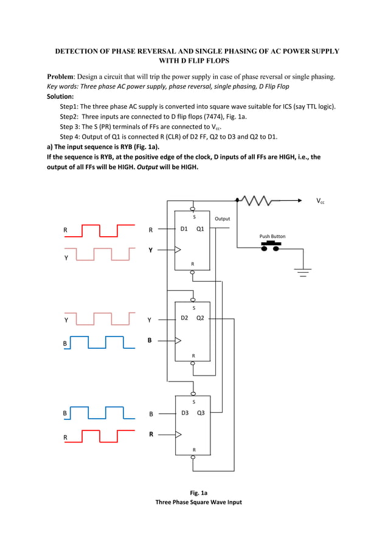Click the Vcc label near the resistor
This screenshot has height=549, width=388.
320,201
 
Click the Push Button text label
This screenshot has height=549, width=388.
272,236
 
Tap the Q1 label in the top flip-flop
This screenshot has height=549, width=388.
199,229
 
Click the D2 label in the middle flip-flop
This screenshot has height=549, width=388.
184,318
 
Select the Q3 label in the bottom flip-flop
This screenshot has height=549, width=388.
199,413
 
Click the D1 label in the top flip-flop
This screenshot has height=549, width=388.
184,229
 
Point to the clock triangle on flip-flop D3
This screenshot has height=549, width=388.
178,435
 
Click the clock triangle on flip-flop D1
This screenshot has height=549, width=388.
178,249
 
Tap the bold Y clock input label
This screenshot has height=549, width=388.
151,250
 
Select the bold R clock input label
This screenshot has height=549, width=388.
151,435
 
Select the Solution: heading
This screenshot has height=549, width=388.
60,96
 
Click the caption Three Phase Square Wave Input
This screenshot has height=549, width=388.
199,502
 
